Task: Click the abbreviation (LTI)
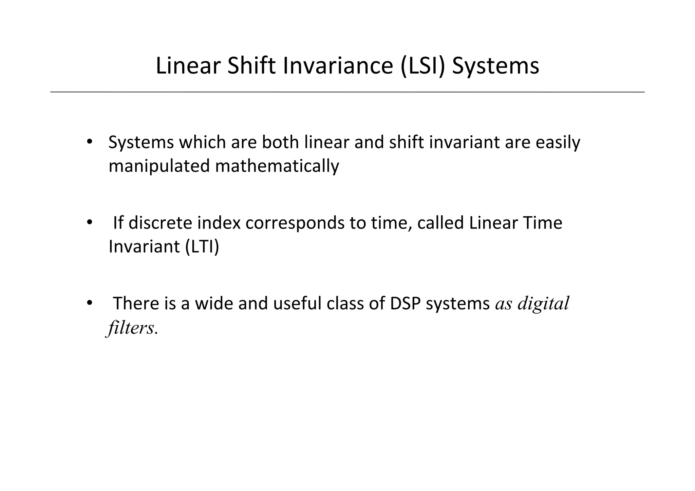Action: click(x=202, y=247)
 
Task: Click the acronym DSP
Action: click(x=405, y=303)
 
